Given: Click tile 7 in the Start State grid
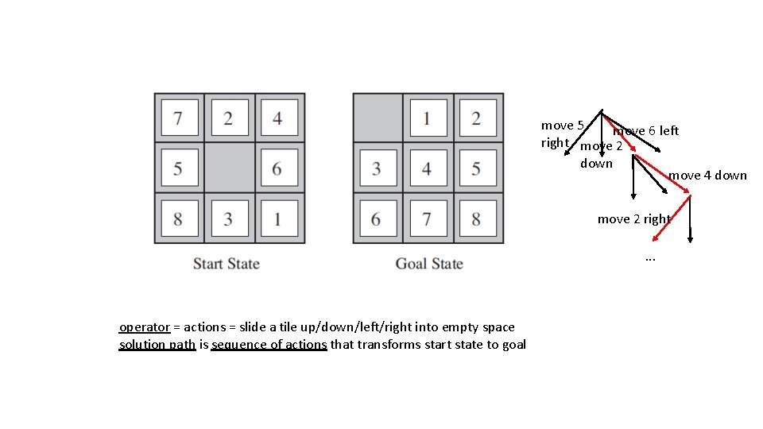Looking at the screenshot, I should [178, 118].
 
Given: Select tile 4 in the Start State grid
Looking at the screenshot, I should [277, 118].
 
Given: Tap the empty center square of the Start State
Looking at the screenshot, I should [228, 168].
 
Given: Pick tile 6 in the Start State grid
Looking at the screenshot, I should [277, 168].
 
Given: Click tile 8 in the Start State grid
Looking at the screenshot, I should [178, 218].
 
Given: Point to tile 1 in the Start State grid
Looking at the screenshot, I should [277, 218].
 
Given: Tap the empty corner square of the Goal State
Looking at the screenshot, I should [378, 118].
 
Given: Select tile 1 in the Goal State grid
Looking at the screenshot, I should [428, 118].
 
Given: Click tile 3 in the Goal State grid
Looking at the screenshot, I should [378, 168].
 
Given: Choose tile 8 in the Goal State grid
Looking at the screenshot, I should [477, 218].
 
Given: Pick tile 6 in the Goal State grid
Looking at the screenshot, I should [378, 218].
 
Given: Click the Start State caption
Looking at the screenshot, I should [227, 264].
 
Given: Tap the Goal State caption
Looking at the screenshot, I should [429, 264].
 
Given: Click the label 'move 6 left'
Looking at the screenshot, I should [647, 130].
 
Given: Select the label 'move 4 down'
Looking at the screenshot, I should [707, 175].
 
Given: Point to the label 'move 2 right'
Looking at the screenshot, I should [634, 218].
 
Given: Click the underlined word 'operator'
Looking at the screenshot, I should [145, 327].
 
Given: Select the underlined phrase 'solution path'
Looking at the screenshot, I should [157, 344].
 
